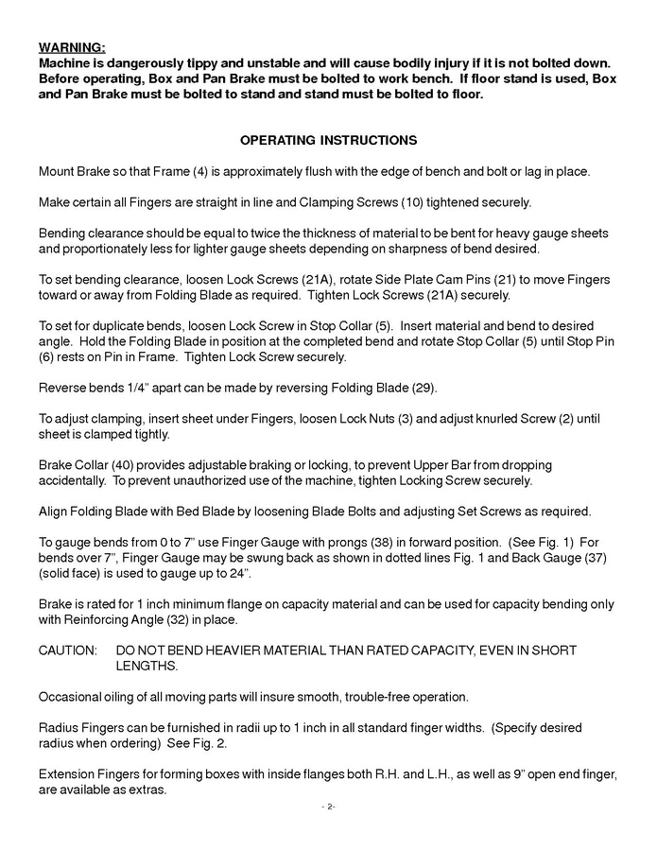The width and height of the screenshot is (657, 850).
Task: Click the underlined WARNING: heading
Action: pos(72,47)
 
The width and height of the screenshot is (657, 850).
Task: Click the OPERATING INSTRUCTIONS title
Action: pos(328,140)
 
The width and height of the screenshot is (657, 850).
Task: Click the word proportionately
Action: pos(101,249)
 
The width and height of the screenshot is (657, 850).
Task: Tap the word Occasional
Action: pos(72,697)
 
